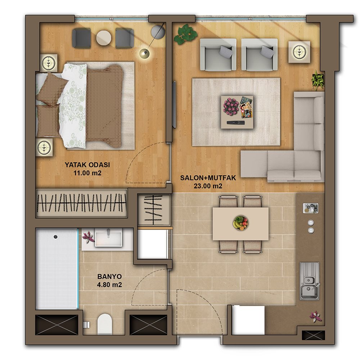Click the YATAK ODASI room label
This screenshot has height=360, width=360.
point(87,165)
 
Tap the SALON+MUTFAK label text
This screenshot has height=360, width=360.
point(208,178)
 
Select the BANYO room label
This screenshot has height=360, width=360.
point(109,276)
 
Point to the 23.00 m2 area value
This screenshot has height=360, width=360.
point(208,186)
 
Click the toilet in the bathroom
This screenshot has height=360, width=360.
point(104,324)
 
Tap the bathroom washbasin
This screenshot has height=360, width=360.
point(108,239)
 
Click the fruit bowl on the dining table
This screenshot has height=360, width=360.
point(240,223)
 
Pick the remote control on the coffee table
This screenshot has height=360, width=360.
point(236,123)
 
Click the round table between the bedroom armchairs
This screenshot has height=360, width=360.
point(104,38)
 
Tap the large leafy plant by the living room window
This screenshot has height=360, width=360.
point(185,35)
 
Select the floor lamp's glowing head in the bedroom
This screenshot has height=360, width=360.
point(144,53)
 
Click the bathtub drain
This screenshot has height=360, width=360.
point(55,237)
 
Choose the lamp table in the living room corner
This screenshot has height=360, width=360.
point(300,51)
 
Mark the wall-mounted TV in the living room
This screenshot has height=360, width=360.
point(174,104)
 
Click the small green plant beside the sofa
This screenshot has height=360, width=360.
point(318,80)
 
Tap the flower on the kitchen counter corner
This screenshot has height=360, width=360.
point(316,316)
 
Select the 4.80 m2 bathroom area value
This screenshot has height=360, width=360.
point(109,285)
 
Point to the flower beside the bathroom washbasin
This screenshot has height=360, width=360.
point(89,237)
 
